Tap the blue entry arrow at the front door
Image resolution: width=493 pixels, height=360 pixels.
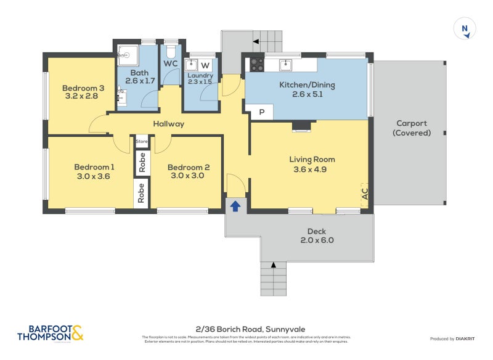coord(235,206)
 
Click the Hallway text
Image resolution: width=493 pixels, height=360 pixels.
coord(169,124)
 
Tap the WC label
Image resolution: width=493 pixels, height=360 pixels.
coord(171,63)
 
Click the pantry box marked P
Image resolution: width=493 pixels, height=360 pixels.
coord(261,112)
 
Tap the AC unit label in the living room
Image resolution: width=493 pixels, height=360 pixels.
coord(364,194)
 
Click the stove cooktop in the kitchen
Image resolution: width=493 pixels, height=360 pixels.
coord(256,65)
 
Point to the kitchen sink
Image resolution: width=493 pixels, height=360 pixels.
coord(286,65)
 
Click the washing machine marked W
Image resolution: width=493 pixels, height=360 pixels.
coord(205,65)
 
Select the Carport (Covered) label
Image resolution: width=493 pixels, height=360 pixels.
coord(412,128)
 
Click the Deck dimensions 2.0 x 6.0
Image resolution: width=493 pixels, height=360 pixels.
coord(320,240)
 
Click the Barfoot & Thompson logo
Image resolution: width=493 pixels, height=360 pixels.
coord(50,333)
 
